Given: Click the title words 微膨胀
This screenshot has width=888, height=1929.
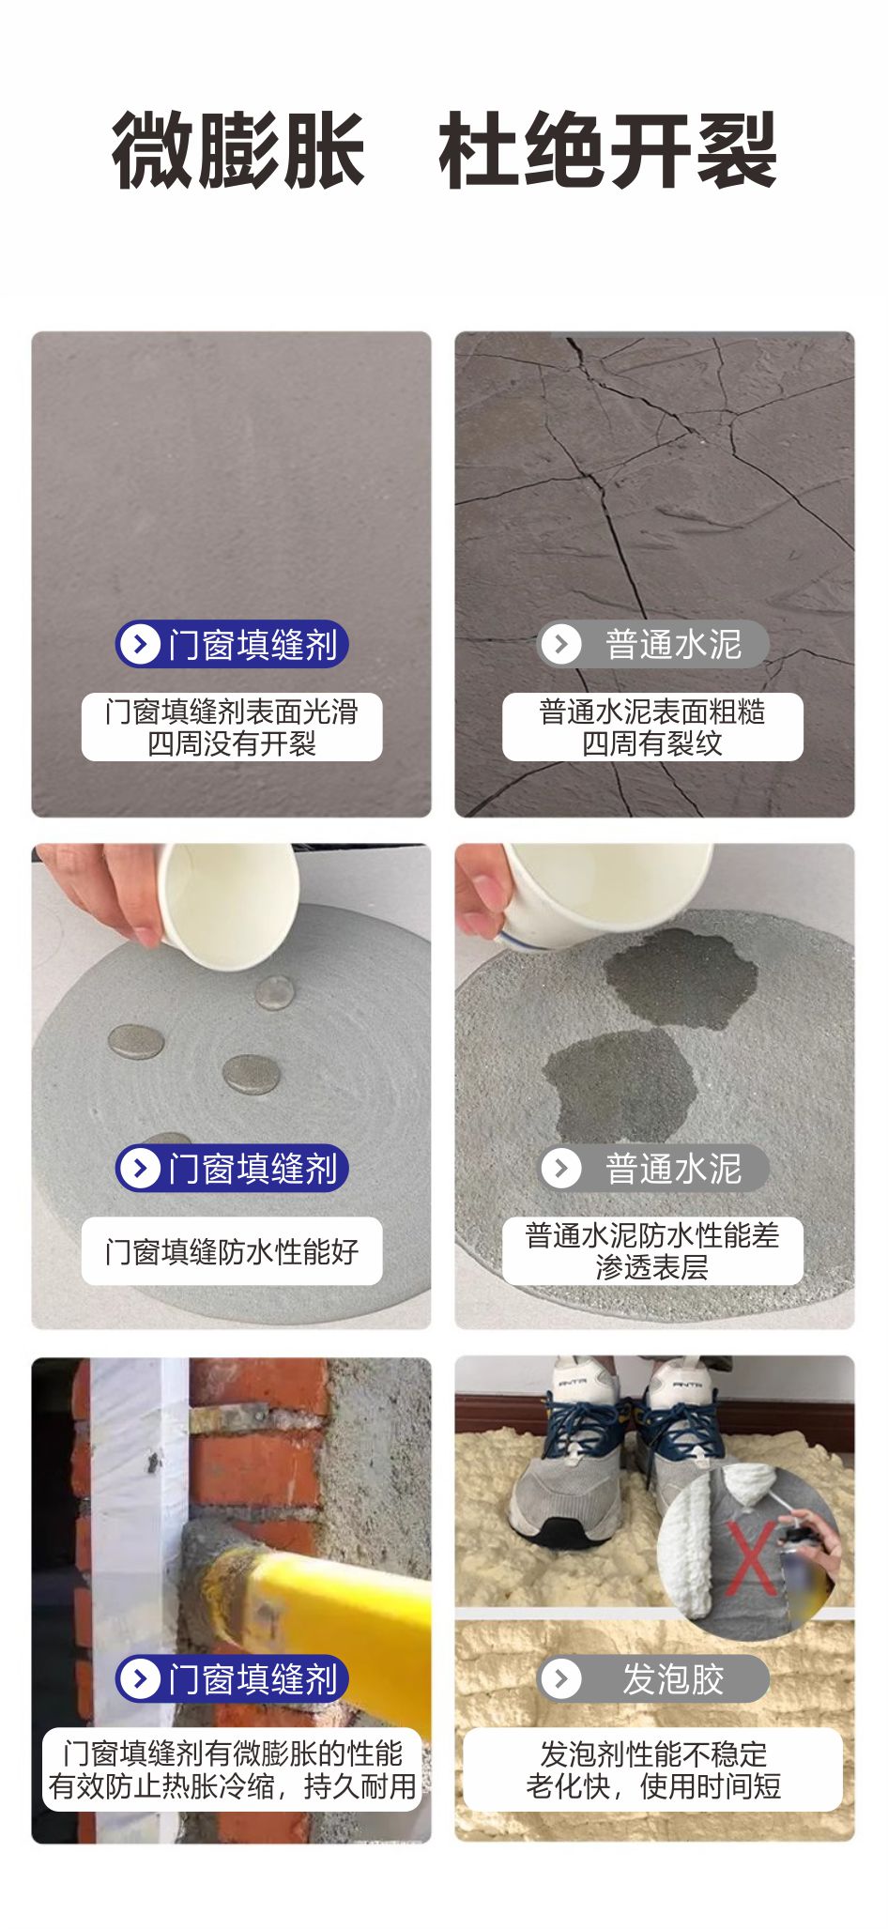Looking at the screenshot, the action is click(x=238, y=150).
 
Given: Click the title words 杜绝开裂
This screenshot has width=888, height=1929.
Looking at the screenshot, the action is click(x=608, y=150).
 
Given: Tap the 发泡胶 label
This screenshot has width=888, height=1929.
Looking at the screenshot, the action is click(x=672, y=1679).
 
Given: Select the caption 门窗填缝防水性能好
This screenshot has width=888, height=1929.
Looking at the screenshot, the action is click(x=232, y=1251).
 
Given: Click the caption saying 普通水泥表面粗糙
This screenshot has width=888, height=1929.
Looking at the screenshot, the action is click(x=652, y=712).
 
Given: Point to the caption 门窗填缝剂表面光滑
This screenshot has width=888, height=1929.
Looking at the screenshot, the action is click(x=232, y=712).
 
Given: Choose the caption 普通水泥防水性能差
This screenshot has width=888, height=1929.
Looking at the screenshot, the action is click(x=652, y=1235).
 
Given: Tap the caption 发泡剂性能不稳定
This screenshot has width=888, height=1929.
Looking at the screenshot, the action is click(x=653, y=1753).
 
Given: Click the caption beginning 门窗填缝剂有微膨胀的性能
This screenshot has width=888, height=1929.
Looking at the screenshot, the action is click(x=232, y=1753).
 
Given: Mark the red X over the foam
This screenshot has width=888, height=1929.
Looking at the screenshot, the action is click(x=751, y=1559).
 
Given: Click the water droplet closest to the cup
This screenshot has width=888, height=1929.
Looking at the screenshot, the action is click(x=274, y=991).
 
